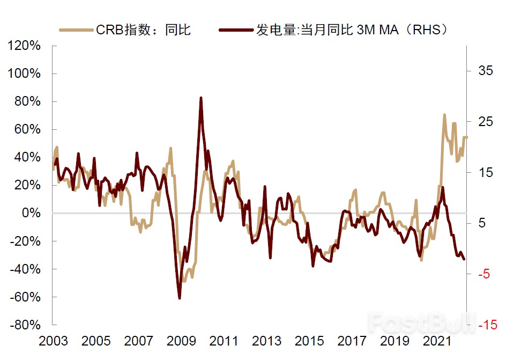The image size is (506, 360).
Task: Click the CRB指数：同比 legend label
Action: (x=143, y=30)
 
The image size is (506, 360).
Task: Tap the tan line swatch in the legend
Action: (x=75, y=30)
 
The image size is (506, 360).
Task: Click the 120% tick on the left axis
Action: (x=24, y=46)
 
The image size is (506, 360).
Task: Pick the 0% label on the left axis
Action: (x=31, y=214)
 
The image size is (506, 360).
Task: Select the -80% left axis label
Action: (x=24, y=325)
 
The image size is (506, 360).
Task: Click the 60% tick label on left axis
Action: (x=27, y=130)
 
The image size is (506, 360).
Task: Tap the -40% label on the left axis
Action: (x=24, y=269)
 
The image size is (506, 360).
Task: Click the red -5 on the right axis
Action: (x=483, y=274)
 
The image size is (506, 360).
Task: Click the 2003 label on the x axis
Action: (x=53, y=342)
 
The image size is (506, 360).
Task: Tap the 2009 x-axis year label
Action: (x=181, y=342)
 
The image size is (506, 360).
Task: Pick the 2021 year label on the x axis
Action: (x=437, y=342)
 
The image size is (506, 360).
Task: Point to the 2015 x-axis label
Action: (x=309, y=342)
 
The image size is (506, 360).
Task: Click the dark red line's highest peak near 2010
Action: (x=201, y=98)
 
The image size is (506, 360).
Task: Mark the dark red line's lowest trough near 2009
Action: (x=180, y=298)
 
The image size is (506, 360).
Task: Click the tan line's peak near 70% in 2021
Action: (x=444, y=115)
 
